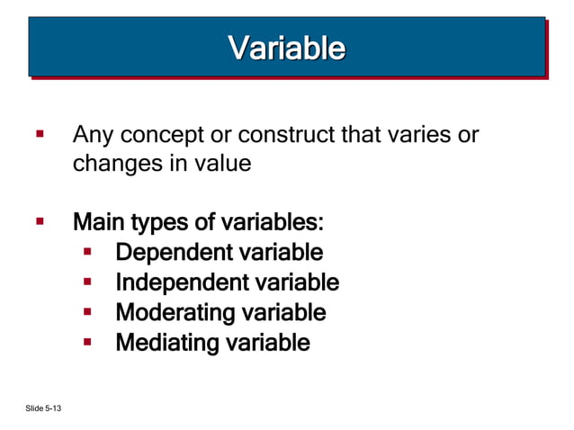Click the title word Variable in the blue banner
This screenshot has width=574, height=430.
(x=286, y=48)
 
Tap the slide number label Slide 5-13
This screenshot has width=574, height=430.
(x=44, y=410)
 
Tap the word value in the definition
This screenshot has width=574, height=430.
(x=221, y=165)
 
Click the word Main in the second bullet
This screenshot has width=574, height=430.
(x=97, y=221)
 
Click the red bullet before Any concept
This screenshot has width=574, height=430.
(x=40, y=136)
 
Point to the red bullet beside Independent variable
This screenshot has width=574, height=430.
(x=88, y=282)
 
